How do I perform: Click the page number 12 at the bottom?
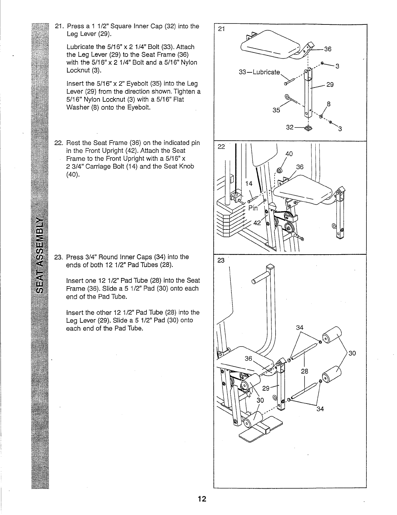point(201,499)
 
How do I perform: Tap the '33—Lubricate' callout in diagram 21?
point(259,72)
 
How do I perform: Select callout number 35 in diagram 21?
point(276,110)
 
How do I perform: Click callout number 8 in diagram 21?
point(329,104)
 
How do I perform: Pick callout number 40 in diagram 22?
point(289,154)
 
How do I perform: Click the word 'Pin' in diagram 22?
point(253,208)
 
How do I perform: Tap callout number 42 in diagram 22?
point(257,223)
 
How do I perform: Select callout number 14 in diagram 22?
point(249,184)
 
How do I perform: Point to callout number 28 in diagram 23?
point(305,371)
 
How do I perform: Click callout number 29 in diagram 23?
point(266,388)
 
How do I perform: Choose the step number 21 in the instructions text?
point(59,26)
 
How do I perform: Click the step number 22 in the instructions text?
point(59,143)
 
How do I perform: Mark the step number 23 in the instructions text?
point(59,257)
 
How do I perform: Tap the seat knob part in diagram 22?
point(279,170)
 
